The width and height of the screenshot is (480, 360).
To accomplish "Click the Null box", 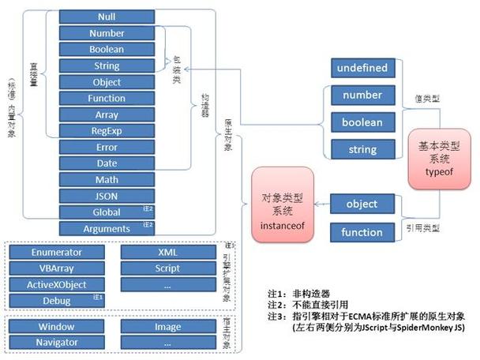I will (x=107, y=17).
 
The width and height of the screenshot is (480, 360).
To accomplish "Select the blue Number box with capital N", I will (x=107, y=33).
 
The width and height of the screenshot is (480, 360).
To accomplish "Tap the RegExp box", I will (x=107, y=131).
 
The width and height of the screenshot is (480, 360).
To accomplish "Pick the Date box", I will (x=107, y=163).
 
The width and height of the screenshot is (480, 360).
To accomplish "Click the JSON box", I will (x=107, y=196).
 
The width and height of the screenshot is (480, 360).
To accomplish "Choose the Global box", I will (x=107, y=212).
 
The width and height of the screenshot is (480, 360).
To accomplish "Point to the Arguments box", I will (x=107, y=229).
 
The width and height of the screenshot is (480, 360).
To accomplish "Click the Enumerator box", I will (x=56, y=253).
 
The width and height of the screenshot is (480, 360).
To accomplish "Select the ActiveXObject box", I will (x=56, y=285).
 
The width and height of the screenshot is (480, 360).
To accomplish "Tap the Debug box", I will (x=56, y=301).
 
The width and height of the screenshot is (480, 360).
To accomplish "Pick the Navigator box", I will (x=56, y=342).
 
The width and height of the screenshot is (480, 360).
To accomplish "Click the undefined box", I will (x=362, y=68).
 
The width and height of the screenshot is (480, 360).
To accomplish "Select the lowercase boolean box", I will (x=362, y=122).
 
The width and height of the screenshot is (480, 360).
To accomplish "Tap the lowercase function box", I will (x=362, y=232).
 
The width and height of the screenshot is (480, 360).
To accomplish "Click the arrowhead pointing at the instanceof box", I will (x=317, y=204).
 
